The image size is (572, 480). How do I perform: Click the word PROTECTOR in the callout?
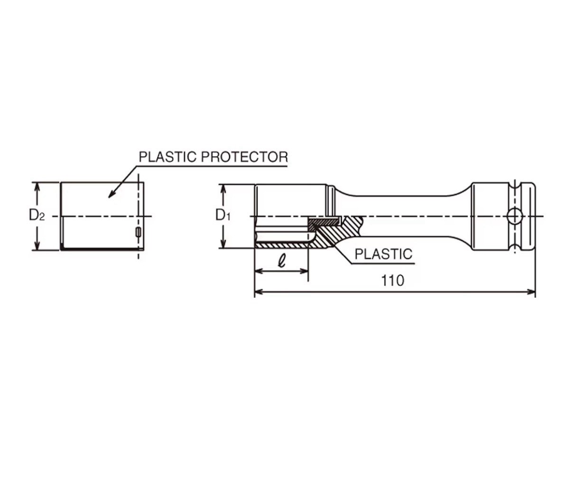244,157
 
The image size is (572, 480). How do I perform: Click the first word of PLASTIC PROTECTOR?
167,157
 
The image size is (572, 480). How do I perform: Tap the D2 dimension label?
37,216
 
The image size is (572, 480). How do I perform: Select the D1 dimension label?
223,216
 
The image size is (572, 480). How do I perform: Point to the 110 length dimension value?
393,281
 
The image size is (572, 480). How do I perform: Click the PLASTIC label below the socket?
384,254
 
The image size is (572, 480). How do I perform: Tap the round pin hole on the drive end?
514,216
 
